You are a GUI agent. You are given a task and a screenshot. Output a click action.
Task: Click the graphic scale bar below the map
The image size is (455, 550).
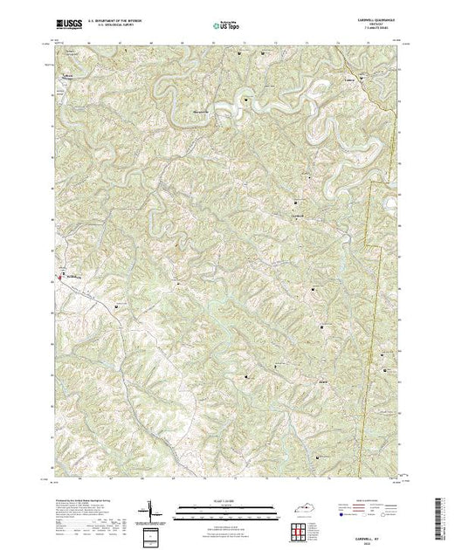pyautogui.click(x=229, y=508)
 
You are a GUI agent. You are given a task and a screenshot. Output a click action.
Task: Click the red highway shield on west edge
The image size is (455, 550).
pyautogui.click(x=59, y=277)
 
